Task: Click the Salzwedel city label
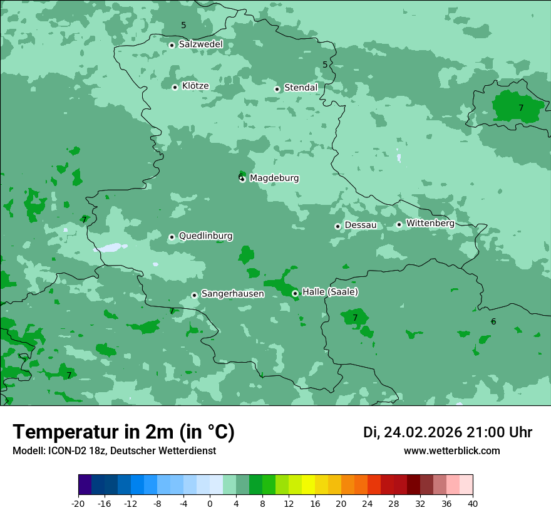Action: coord(200,44)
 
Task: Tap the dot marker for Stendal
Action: coord(277,89)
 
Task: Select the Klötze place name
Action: coord(195,86)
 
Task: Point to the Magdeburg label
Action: coord(274,179)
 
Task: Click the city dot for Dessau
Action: coord(338,226)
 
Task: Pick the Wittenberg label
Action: coord(430,224)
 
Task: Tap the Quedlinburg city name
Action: coord(205,236)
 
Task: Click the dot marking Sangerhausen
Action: coord(195,295)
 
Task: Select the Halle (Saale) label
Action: coord(330,292)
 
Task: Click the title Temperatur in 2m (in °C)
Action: coord(123,432)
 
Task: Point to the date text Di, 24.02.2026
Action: coord(413,432)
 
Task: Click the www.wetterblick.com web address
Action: coord(452,451)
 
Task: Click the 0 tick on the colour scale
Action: coord(210,504)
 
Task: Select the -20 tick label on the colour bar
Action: coord(78,504)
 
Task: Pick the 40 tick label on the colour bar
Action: coord(473,504)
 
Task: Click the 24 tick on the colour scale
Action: coord(368,504)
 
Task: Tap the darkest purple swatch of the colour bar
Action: coord(85,485)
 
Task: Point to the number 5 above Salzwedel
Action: coord(183,26)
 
